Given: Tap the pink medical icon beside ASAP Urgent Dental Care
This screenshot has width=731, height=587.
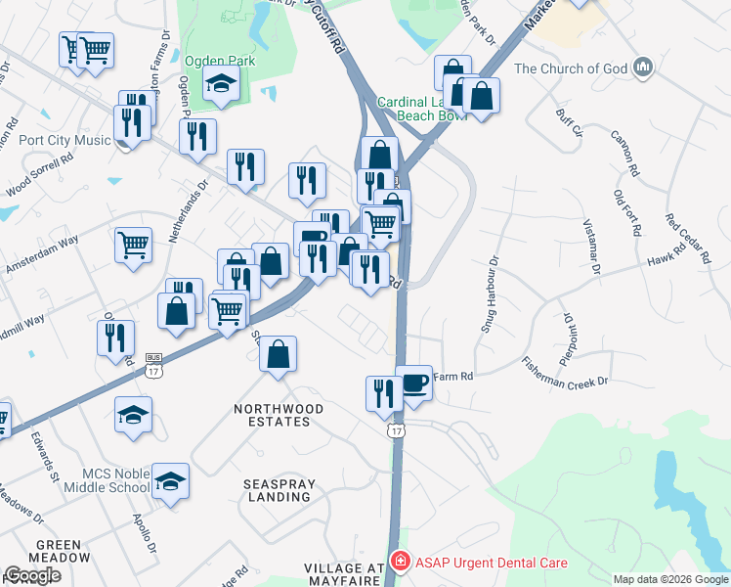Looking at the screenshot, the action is (x=399, y=561).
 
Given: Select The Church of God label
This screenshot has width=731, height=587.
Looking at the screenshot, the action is (x=571, y=68).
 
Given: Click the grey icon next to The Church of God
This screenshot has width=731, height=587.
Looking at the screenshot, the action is (x=643, y=68).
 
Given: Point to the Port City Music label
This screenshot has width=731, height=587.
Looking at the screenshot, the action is (x=65, y=140).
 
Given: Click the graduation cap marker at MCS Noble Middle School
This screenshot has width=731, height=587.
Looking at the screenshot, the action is (x=170, y=480).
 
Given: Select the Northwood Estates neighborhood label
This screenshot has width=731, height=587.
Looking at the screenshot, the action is (x=272, y=415).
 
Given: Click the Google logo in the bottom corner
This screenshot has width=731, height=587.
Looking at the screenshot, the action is (x=32, y=575).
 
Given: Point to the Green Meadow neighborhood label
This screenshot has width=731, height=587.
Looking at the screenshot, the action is (x=64, y=551).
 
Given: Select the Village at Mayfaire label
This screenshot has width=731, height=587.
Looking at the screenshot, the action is (x=345, y=575).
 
